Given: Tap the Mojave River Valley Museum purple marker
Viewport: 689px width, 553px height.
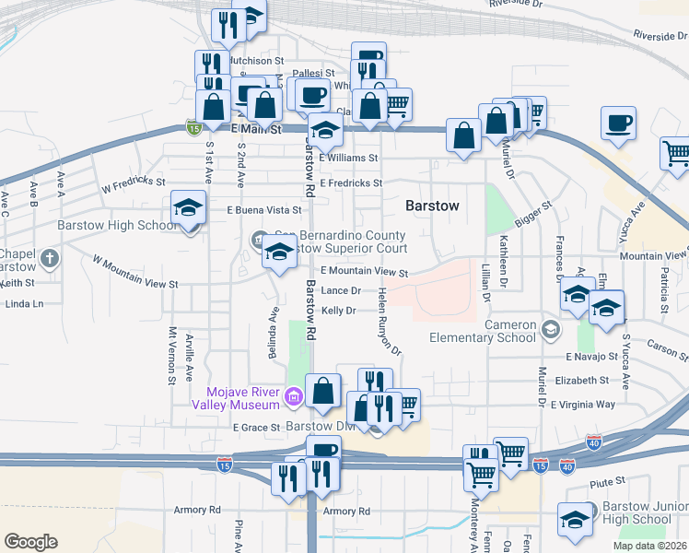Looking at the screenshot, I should (293, 397).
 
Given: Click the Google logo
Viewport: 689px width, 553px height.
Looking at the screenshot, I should (30, 542).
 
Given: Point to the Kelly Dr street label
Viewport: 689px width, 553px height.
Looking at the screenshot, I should (338, 312).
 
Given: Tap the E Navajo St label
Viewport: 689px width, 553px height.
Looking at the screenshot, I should (595, 356).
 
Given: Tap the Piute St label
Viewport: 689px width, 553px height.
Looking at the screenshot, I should (607, 481).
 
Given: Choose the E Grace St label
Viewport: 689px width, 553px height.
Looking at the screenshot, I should (256, 428).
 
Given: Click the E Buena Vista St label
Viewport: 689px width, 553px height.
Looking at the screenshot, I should (264, 211).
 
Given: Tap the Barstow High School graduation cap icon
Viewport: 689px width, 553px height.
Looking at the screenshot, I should (188, 211).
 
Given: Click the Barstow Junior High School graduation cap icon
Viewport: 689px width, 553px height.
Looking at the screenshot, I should (575, 519).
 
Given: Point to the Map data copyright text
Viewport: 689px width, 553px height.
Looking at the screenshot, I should (650, 546).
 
